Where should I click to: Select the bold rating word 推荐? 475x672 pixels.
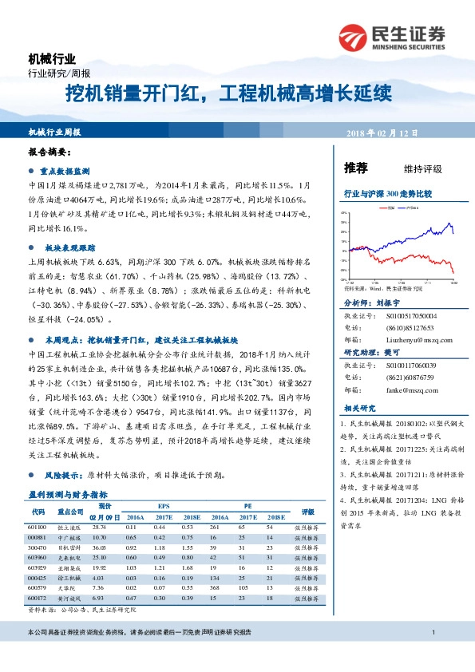(x=355, y=168)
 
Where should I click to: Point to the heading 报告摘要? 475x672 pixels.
(x=50, y=152)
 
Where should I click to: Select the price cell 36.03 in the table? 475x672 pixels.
(x=99, y=548)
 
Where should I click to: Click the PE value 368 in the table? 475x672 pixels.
(x=213, y=587)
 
